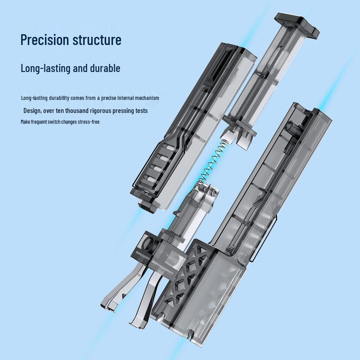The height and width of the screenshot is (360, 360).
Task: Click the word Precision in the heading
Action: [x=45, y=40]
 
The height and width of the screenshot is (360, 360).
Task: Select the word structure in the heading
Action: [x=97, y=40]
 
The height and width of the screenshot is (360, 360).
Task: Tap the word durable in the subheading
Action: [x=105, y=68]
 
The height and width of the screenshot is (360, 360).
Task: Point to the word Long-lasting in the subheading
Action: [x=45, y=68]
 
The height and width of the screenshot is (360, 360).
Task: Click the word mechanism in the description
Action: [x=147, y=98]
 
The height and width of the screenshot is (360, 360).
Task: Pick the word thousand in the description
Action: [x=77, y=111]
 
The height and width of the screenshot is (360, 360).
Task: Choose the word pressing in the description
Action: [x=123, y=111]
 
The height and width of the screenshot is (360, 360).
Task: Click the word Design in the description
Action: [x=32, y=111]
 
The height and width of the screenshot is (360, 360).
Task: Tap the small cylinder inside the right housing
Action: [x=290, y=126]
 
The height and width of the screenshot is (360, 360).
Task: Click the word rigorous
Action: [x=100, y=111]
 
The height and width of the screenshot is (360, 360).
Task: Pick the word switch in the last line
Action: [x=54, y=121]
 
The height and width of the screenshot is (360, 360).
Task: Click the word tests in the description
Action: [x=141, y=111]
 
